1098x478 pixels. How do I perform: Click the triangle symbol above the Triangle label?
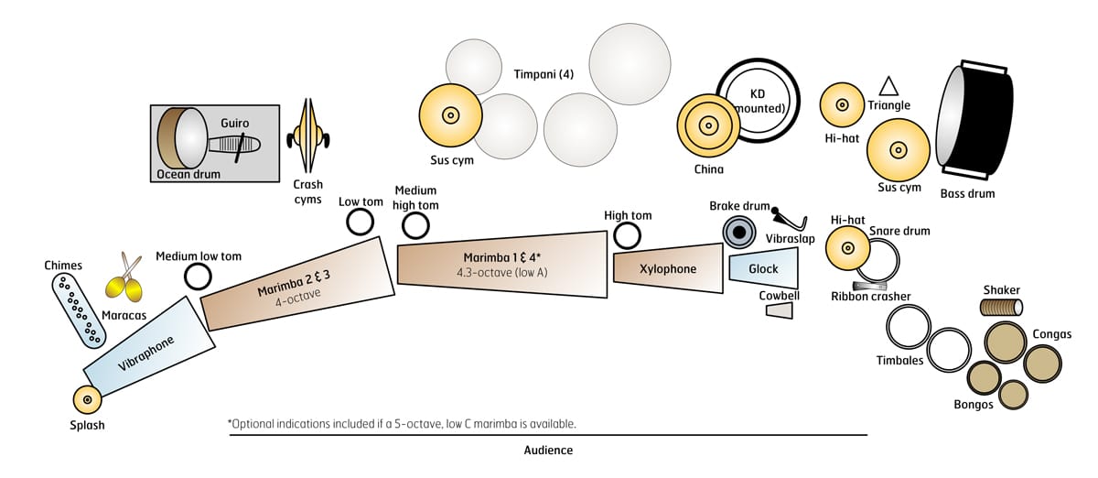pyautogui.click(x=888, y=86)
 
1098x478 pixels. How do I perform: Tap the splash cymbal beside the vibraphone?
pyautogui.click(x=87, y=400)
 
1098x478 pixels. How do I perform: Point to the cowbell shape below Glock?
pyautogui.click(x=778, y=311)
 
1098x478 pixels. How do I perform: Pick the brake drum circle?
pyautogui.click(x=737, y=232)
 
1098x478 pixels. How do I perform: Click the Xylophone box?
pyautogui.click(x=667, y=268)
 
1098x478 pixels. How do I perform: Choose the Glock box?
pyautogui.click(x=763, y=268)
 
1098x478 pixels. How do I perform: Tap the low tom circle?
pyautogui.click(x=360, y=222)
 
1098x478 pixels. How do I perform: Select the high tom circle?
pyautogui.click(x=627, y=235)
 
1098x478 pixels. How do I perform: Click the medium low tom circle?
pyautogui.click(x=198, y=276)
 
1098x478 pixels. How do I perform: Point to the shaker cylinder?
pyautogui.click(x=1000, y=308)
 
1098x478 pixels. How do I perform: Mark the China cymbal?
pyautogui.click(x=707, y=125)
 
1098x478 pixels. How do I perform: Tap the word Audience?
pyautogui.click(x=548, y=451)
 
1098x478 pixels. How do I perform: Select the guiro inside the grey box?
pyautogui.click(x=233, y=145)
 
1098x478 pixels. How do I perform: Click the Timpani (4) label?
pyautogui.click(x=544, y=74)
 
